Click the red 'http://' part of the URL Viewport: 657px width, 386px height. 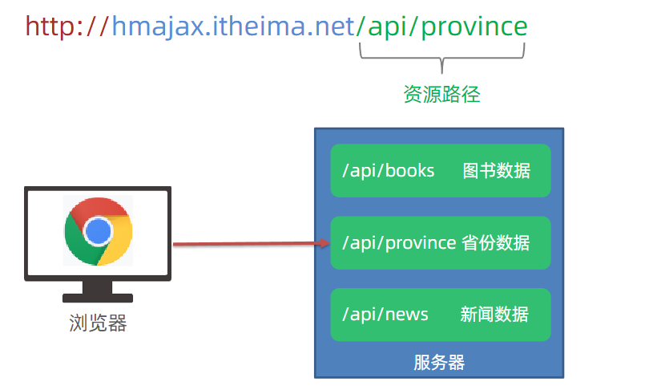coord(67,27)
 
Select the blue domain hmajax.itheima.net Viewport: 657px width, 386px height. coord(232,27)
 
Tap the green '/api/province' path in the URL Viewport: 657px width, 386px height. coord(441,27)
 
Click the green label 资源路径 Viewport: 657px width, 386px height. coord(441,95)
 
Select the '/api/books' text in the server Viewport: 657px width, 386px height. coord(388,171)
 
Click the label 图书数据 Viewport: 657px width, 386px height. coord(496,171)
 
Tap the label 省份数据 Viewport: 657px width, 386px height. coord(496,242)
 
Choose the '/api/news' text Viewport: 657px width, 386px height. coord(385,314)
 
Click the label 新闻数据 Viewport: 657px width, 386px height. coord(494,314)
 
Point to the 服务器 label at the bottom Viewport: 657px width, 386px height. coord(439,362)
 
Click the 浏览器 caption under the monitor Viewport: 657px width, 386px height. coord(98,324)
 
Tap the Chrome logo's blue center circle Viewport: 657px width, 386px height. coord(98,231)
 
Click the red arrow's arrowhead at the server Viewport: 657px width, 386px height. coord(324,242)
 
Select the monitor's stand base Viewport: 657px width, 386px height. coord(97,298)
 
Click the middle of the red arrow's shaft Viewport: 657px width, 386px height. coord(248,243)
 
